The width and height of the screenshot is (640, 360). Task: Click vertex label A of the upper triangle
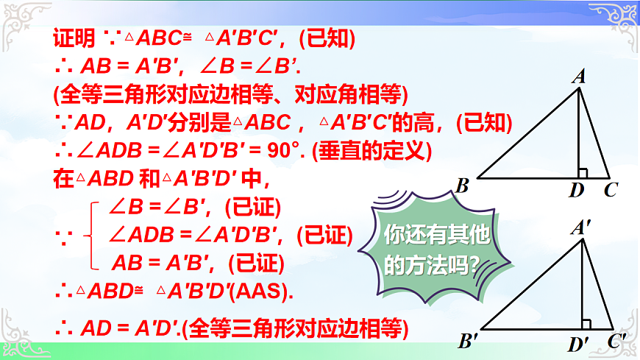click(x=579, y=76)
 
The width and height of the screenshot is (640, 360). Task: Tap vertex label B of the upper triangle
click(x=462, y=186)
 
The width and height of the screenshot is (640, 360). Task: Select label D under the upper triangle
click(x=577, y=191)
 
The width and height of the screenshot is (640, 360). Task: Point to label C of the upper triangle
click(x=610, y=191)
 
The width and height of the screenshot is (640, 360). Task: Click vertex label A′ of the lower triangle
click(x=581, y=228)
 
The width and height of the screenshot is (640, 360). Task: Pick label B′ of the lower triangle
click(x=468, y=342)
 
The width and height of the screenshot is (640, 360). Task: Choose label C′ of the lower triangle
click(x=616, y=341)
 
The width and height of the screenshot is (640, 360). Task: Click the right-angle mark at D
click(x=583, y=174)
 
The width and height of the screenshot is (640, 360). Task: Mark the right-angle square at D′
click(x=586, y=324)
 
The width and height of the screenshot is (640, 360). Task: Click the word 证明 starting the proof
click(x=74, y=38)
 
